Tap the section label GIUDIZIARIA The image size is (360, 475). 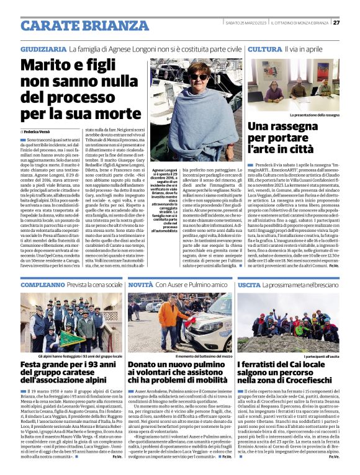(x=43, y=48)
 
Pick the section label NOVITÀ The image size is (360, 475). (x=140, y=284)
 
